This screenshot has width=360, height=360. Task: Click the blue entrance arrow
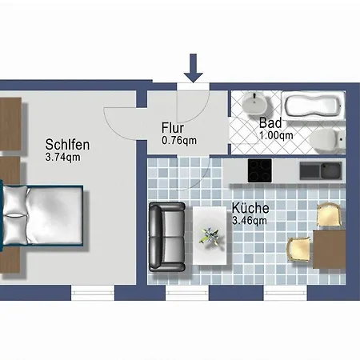click(x=194, y=68)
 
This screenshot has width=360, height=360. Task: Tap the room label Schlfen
click(x=67, y=145)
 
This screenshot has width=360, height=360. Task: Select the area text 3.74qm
click(x=62, y=157)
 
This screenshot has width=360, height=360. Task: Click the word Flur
click(x=173, y=128)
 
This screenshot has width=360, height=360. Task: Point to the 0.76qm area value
click(x=179, y=141)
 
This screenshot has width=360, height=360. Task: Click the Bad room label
click(x=270, y=123)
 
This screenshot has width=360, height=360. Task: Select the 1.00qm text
click(x=276, y=135)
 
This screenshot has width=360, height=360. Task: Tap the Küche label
click(x=250, y=208)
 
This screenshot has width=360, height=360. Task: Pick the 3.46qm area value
click(x=250, y=221)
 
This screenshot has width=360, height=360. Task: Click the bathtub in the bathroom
click(x=314, y=106)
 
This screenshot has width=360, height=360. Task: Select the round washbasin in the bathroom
click(x=254, y=103)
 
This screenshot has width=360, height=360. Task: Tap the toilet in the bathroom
click(x=327, y=138)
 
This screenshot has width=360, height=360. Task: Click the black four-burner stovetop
click(x=260, y=170)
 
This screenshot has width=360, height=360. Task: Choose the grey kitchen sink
click(x=321, y=170)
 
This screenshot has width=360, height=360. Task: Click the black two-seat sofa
click(x=167, y=237)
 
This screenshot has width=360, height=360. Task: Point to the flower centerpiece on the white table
click(x=210, y=236)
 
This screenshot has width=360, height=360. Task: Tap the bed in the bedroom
click(x=42, y=215)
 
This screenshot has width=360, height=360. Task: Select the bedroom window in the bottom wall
click(x=93, y=293)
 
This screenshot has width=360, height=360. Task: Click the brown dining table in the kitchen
click(x=330, y=250)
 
